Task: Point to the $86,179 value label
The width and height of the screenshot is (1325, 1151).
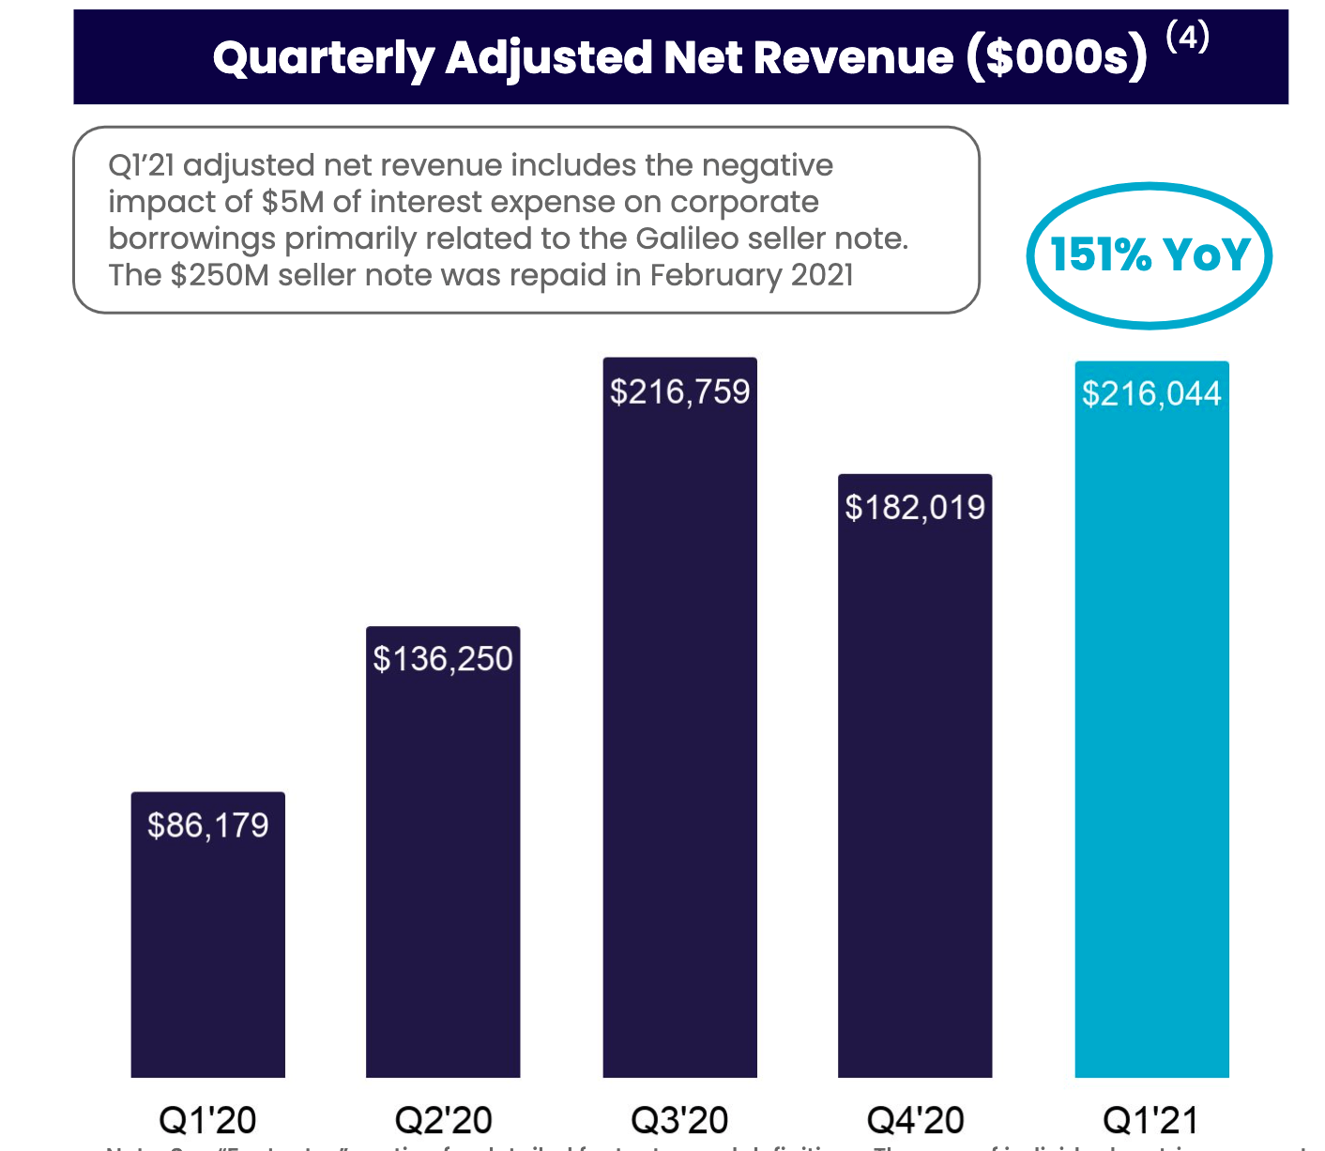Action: coord(207,825)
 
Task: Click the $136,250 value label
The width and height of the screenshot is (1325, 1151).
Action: coord(443,659)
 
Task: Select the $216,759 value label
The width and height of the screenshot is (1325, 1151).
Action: coord(679,391)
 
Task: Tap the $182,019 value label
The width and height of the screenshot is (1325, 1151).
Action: coord(915,508)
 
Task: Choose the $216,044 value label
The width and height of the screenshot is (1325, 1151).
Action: coord(1151,393)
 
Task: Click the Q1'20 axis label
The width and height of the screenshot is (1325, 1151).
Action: coord(207,1119)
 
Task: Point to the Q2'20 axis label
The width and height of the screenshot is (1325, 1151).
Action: coord(443,1119)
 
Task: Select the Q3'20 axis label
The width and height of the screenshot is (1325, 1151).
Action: coord(679,1119)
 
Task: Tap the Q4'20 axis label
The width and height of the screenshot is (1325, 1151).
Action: coord(915,1119)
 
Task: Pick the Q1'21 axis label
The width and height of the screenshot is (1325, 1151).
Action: coord(1151,1119)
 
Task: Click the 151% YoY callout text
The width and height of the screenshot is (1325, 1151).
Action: coord(1150,254)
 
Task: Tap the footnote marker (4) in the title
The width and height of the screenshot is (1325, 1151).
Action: coord(1187,38)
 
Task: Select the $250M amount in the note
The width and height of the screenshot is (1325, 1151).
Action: coord(218,275)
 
